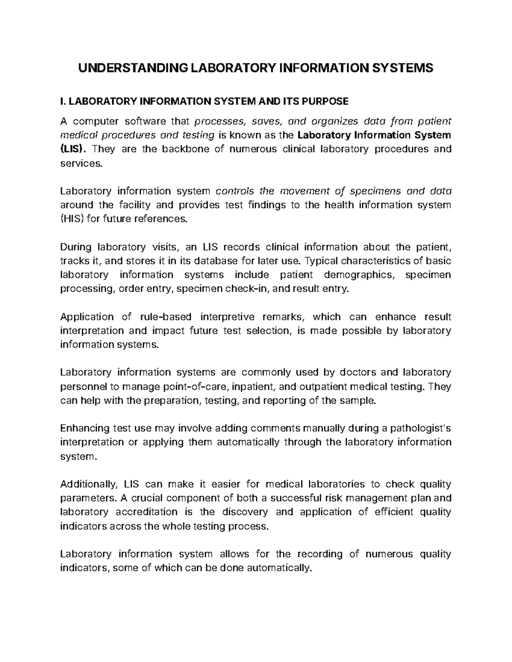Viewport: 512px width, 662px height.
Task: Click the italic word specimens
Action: (x=371, y=191)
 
